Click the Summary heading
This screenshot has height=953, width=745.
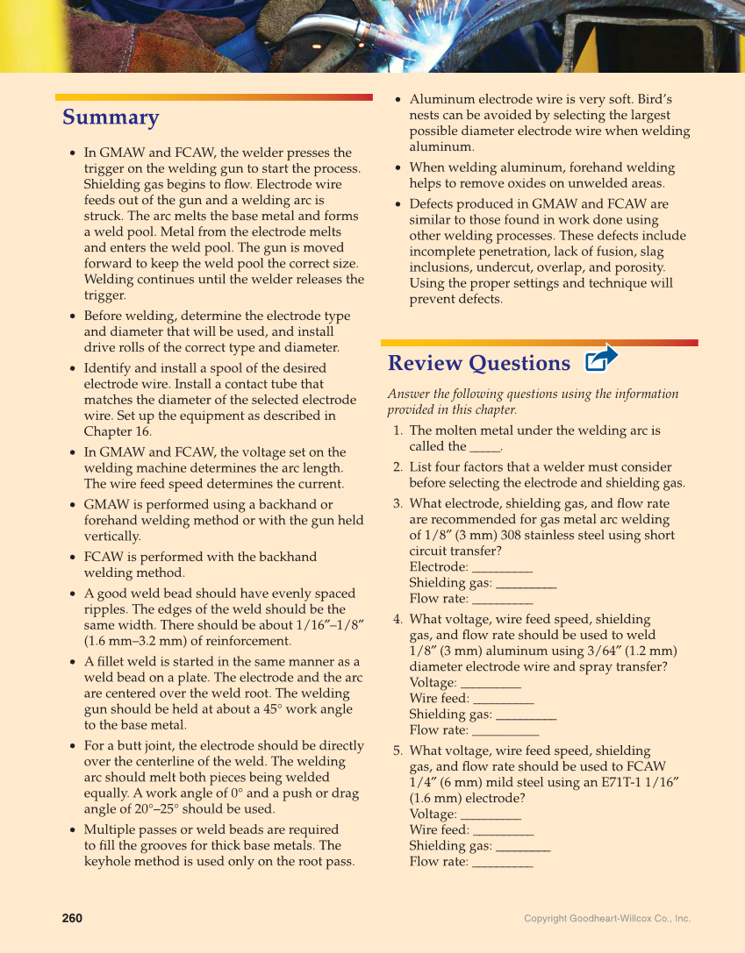111,117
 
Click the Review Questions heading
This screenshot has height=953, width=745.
478,363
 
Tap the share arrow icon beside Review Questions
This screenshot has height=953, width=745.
602,358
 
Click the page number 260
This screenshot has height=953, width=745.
72,918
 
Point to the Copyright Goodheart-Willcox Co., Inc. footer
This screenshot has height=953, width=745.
607,919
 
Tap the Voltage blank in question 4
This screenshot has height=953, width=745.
491,683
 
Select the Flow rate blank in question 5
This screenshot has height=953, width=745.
502,862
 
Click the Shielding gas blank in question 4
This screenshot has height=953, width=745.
526,715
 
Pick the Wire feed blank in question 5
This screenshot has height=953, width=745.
503,830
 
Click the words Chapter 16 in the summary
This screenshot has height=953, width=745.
118,431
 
